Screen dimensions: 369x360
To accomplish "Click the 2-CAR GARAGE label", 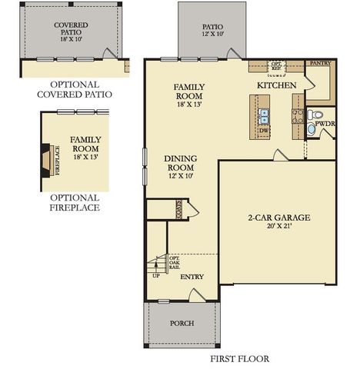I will coord(279,218).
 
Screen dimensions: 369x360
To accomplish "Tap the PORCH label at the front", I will coord(182,323).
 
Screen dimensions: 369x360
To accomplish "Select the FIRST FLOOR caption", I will coord(239,358).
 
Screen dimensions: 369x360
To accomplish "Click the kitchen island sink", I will coord(264,115).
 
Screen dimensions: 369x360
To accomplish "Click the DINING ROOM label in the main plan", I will coord(182,165).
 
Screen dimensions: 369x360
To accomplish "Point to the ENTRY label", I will coord(191,276).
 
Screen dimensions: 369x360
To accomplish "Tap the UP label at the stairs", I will coord(156,274).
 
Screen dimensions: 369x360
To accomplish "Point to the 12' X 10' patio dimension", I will coord(212,35).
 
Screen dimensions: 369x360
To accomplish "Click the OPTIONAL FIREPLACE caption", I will coord(74,202).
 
